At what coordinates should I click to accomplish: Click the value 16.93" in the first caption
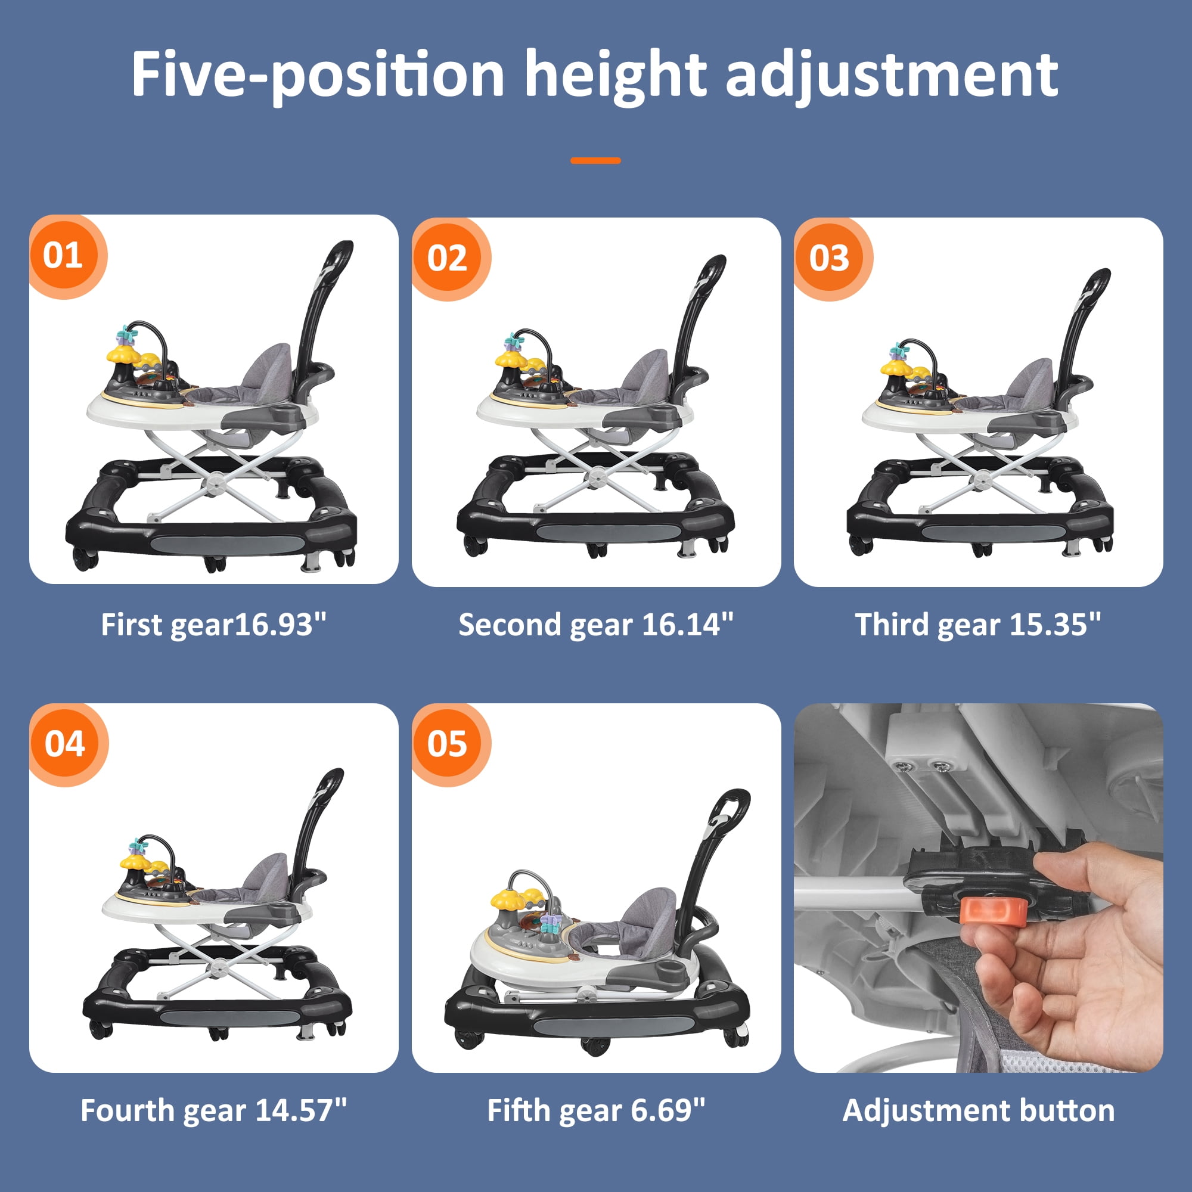[280, 625]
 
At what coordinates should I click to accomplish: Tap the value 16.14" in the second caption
[687, 625]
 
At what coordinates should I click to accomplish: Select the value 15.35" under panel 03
[1055, 625]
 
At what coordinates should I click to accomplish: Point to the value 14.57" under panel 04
[300, 1110]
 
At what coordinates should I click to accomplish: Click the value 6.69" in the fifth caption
[668, 1110]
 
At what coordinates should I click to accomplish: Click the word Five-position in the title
[318, 76]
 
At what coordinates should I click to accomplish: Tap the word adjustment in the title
[892, 76]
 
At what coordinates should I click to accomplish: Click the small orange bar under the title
[595, 160]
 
